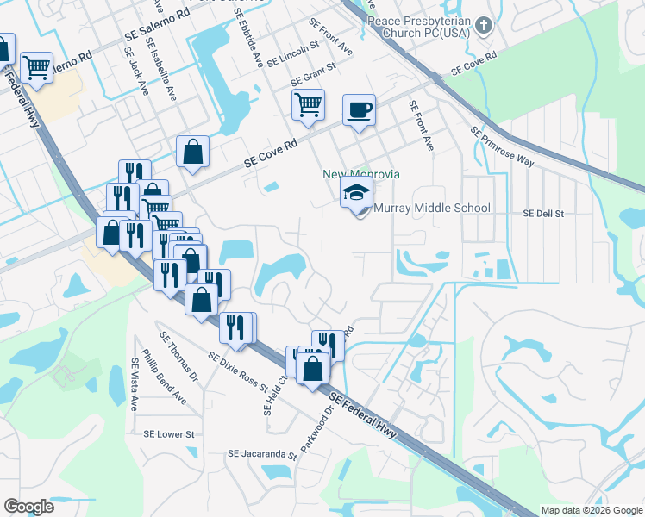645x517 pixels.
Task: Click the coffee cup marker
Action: (359, 110)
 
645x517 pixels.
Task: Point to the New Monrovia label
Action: (361, 174)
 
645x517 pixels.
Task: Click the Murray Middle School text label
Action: (432, 208)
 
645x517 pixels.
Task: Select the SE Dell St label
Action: (543, 213)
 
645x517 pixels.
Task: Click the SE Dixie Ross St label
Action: (238, 371)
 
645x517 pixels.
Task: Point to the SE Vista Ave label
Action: (134, 383)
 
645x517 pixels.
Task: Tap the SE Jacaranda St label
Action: (261, 454)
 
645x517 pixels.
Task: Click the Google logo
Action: (28, 507)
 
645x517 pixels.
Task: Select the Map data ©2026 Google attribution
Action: (591, 510)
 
